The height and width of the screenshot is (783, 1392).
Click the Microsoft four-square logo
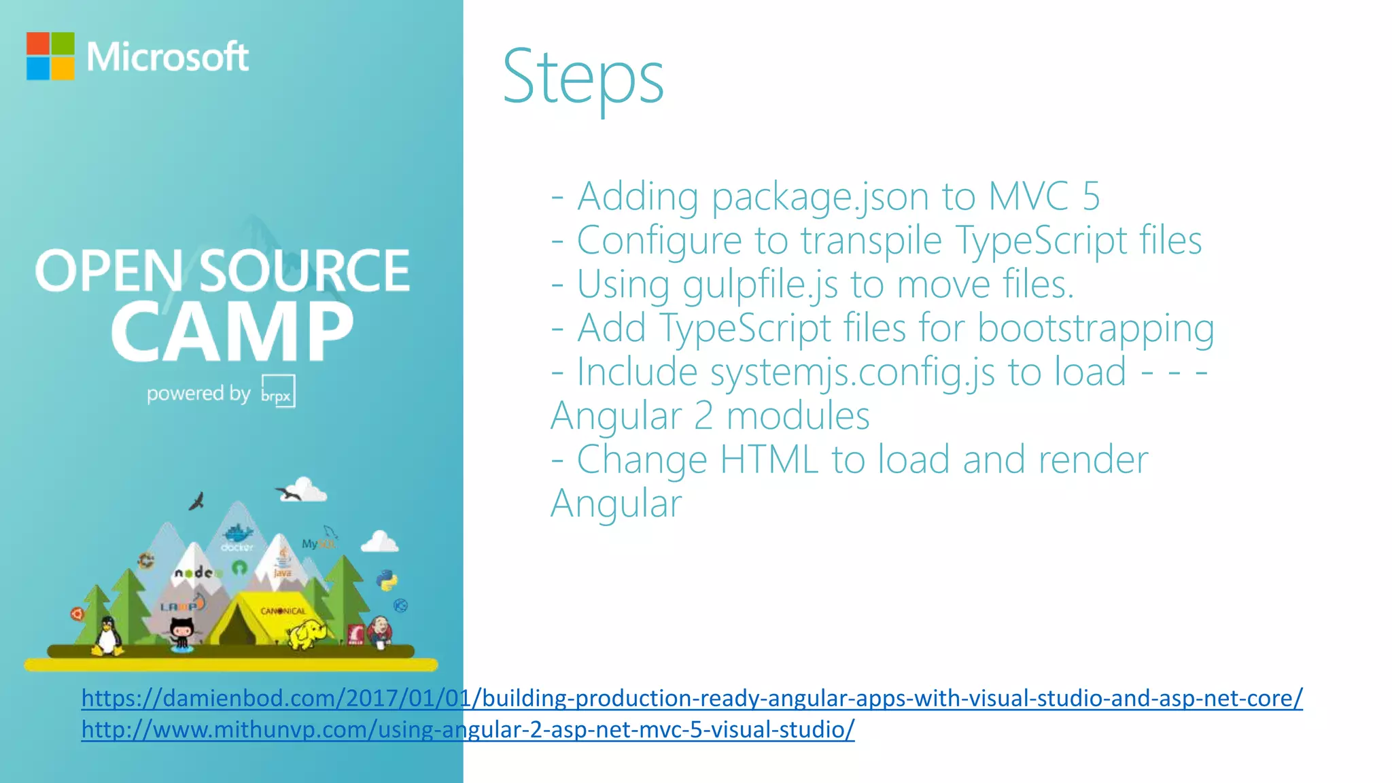click(x=50, y=56)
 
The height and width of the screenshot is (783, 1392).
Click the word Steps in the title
click(x=582, y=77)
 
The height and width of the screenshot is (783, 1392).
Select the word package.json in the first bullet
click(x=819, y=196)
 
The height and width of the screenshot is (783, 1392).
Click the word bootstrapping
click(x=1096, y=328)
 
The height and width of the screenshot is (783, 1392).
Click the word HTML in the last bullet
click(x=768, y=460)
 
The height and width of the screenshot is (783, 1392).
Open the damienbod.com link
click(x=692, y=698)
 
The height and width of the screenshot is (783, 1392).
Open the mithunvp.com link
click(x=468, y=729)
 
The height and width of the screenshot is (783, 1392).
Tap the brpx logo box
click(x=278, y=391)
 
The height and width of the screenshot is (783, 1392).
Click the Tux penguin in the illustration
click(x=107, y=636)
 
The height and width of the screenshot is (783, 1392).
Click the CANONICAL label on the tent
click(x=283, y=611)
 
